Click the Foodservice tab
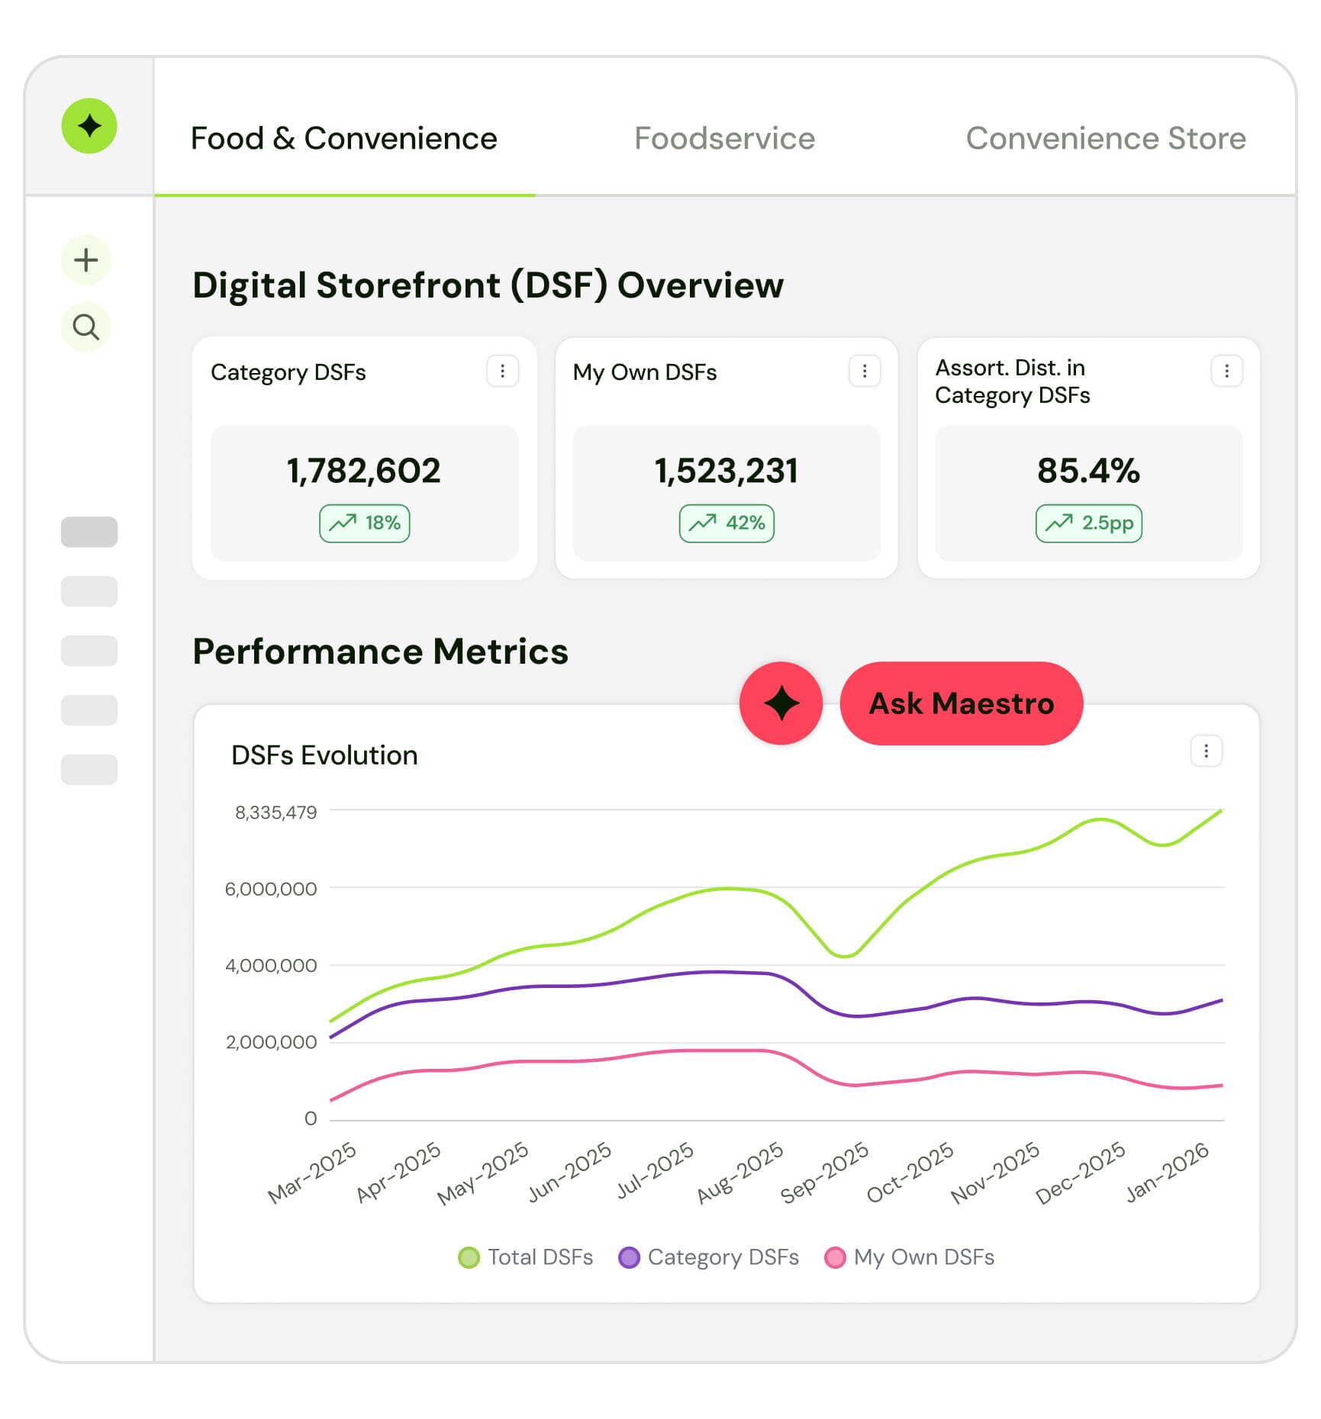tap(724, 138)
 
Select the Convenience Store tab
tap(1105, 138)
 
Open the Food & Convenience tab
tap(343, 138)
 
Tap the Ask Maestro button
tap(961, 703)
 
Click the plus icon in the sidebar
tap(86, 260)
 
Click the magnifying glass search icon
tap(86, 327)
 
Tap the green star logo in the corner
tap(89, 126)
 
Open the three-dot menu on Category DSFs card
tap(502, 371)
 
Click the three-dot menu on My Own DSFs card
tap(865, 371)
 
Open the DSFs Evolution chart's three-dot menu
tap(1206, 751)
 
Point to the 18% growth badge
tap(365, 523)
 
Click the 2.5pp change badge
tap(1089, 523)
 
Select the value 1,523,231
tap(726, 471)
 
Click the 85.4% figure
tap(1088, 471)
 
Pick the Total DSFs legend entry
tap(526, 1257)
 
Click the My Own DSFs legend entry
tap(910, 1257)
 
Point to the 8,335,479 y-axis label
tap(275, 812)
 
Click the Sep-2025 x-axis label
tap(824, 1173)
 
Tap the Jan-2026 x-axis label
tap(1168, 1173)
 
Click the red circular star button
tap(781, 703)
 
